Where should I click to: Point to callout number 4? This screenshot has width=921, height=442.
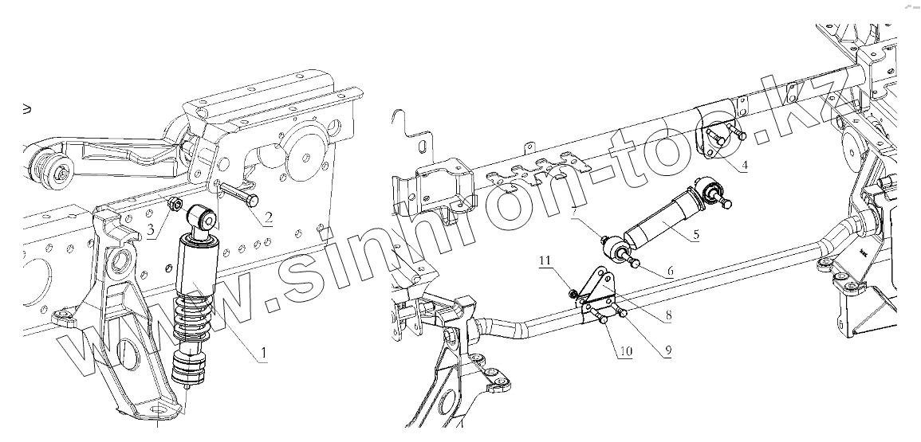click(742, 166)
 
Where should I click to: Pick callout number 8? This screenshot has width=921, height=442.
click(667, 315)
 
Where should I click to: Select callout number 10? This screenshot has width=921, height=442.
click(624, 350)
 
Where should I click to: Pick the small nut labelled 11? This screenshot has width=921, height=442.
click(573, 293)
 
